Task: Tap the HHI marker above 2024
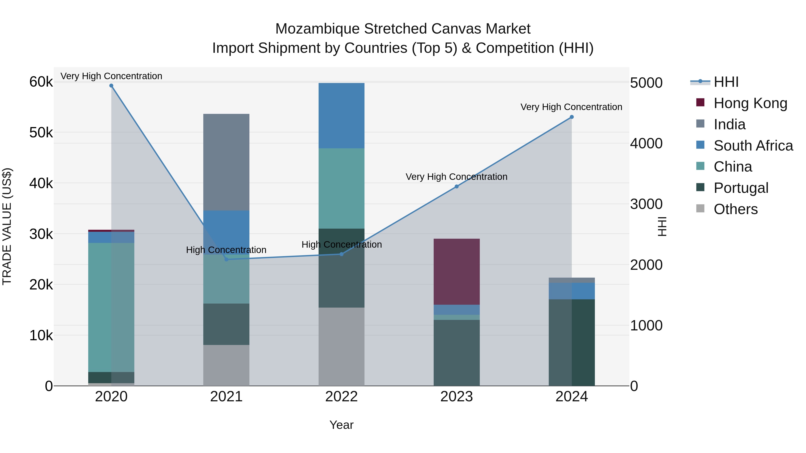pos(572,117)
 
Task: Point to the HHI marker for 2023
pos(457,186)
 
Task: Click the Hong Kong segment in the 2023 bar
pos(457,271)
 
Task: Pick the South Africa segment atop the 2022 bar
pos(341,115)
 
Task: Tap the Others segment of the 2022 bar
pos(341,346)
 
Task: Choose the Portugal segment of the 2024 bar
pos(572,342)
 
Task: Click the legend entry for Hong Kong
pos(750,103)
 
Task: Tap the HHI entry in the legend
pos(726,82)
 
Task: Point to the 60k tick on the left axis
pos(41,82)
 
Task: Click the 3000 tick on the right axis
pos(646,204)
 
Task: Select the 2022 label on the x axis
pos(341,397)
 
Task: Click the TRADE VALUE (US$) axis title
pos(7,226)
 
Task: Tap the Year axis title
pos(341,425)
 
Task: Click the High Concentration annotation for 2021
pos(226,250)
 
